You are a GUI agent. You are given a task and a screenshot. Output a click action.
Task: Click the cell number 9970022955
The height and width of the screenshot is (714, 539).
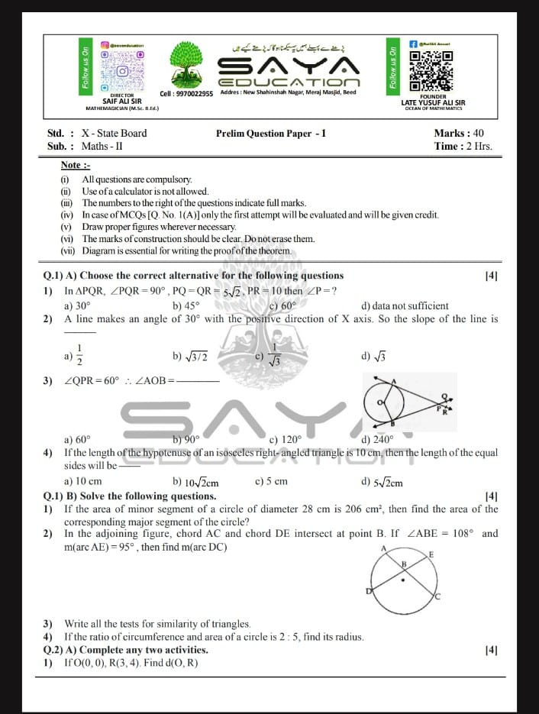(186, 94)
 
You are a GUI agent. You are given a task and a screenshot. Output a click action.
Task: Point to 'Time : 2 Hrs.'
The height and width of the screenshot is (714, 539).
(463, 146)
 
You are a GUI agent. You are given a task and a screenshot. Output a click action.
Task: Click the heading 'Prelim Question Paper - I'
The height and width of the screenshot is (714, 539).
(271, 133)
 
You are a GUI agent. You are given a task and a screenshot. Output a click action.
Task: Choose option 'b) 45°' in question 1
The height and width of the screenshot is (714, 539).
(186, 306)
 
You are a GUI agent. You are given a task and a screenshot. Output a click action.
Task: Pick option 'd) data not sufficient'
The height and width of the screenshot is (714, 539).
(405, 306)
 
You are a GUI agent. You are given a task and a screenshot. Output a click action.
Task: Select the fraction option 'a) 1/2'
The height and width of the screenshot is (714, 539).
(75, 354)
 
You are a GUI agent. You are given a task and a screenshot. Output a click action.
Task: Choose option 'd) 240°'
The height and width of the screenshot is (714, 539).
(376, 439)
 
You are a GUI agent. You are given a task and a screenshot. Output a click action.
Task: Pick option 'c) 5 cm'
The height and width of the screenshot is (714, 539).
(271, 482)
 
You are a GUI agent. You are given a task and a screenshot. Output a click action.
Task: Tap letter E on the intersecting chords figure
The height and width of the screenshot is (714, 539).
(431, 554)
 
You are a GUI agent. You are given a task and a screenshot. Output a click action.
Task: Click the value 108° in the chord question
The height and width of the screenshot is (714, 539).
(460, 533)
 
